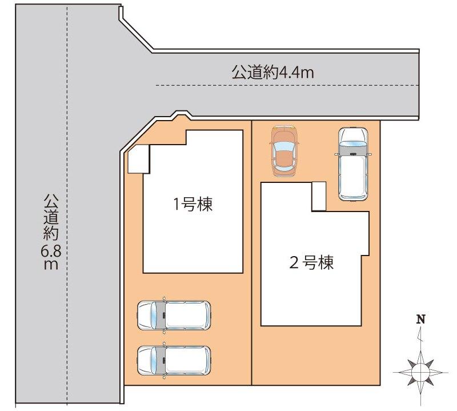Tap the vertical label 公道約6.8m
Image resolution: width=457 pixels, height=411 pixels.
coord(50,232)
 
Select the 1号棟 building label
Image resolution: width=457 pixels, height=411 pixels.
coord(193,204)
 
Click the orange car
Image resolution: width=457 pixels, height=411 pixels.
coord(284,150)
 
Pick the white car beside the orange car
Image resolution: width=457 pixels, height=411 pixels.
coord(352,163)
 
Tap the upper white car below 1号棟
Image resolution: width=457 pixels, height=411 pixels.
coord(174,315)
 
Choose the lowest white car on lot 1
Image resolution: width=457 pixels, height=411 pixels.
coord(174,360)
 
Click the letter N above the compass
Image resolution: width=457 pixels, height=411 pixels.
coord(421,320)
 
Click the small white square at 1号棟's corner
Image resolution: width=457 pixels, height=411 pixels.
coord(138,158)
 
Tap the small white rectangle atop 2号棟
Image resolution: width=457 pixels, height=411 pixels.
coord(319,197)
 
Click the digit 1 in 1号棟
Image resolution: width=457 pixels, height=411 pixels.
coord(177,204)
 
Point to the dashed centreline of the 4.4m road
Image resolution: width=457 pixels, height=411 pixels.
coord(286,86)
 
